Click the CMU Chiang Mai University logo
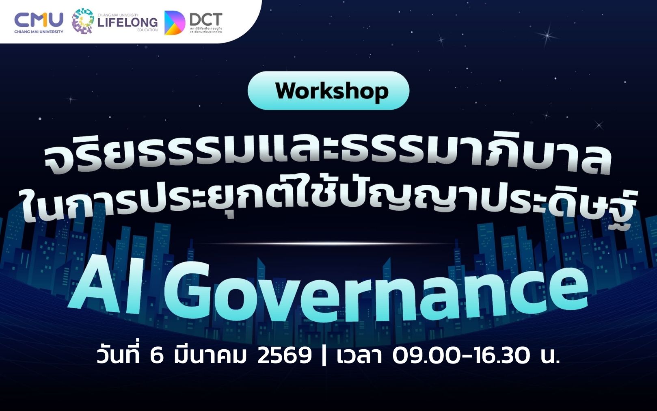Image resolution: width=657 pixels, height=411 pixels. [x=39, y=22]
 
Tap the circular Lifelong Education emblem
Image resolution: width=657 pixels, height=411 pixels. [x=83, y=21]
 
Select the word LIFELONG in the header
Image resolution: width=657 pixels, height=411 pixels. [x=128, y=22]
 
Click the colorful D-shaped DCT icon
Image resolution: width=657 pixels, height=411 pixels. [x=174, y=23]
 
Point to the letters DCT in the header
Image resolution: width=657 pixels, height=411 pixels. [x=206, y=19]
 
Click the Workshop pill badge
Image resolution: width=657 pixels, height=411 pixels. [x=328, y=91]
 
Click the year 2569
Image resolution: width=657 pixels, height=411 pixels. [x=284, y=356]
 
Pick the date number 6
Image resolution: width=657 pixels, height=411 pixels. [x=156, y=356]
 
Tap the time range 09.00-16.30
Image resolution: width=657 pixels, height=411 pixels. [x=461, y=356]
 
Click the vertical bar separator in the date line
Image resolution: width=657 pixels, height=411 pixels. [x=324, y=356]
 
